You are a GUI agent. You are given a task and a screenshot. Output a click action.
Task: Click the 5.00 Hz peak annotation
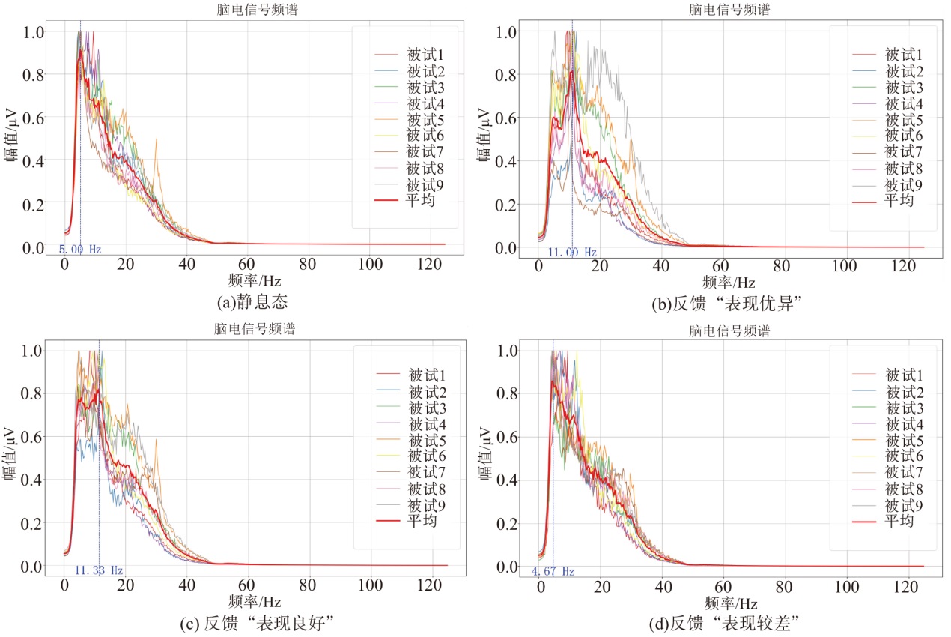79,250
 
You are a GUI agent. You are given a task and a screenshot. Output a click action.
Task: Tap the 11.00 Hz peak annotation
572,253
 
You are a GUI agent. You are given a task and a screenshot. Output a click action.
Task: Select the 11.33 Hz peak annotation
98,570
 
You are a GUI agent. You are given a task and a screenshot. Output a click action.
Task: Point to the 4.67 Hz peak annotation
553,571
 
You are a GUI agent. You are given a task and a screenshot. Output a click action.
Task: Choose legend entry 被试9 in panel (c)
425,504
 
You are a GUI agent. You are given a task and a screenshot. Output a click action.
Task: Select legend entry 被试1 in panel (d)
903,375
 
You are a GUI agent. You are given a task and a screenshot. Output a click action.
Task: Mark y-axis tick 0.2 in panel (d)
505,523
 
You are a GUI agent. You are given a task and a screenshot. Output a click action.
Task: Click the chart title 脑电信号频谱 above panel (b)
729,10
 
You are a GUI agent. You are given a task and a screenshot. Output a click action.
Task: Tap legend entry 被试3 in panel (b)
902,87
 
